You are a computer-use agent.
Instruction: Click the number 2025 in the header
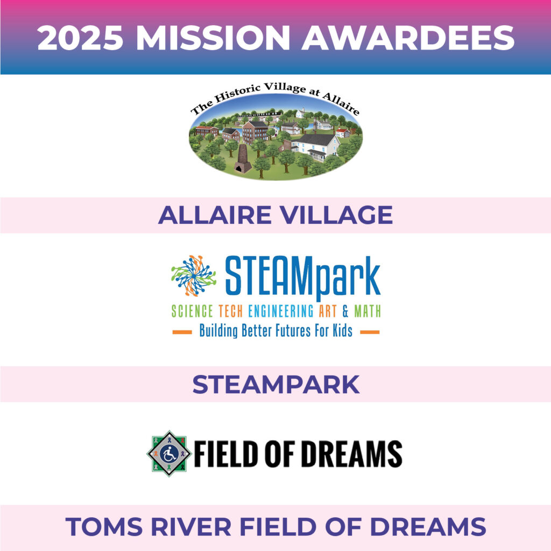pos(81,38)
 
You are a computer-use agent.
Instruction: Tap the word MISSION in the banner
pos(213,38)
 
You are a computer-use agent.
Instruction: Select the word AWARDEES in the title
pos(408,38)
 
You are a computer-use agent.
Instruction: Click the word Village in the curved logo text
pos(285,87)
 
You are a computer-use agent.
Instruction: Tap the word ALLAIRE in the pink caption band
pos(215,215)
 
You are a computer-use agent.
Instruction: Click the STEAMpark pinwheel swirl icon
pos(194,275)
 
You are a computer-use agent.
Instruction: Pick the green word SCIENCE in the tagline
pos(192,312)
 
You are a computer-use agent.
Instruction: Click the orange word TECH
pos(230,312)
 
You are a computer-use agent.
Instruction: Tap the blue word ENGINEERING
pos(281,312)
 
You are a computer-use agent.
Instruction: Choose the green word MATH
pos(367,312)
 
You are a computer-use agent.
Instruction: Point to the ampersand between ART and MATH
pos(345,312)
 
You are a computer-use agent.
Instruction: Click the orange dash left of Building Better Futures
pos(182,332)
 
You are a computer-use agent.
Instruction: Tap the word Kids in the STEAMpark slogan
pos(343,331)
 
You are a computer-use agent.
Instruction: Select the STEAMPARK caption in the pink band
pos(276,384)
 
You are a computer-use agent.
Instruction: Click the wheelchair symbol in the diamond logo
pos(169,454)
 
